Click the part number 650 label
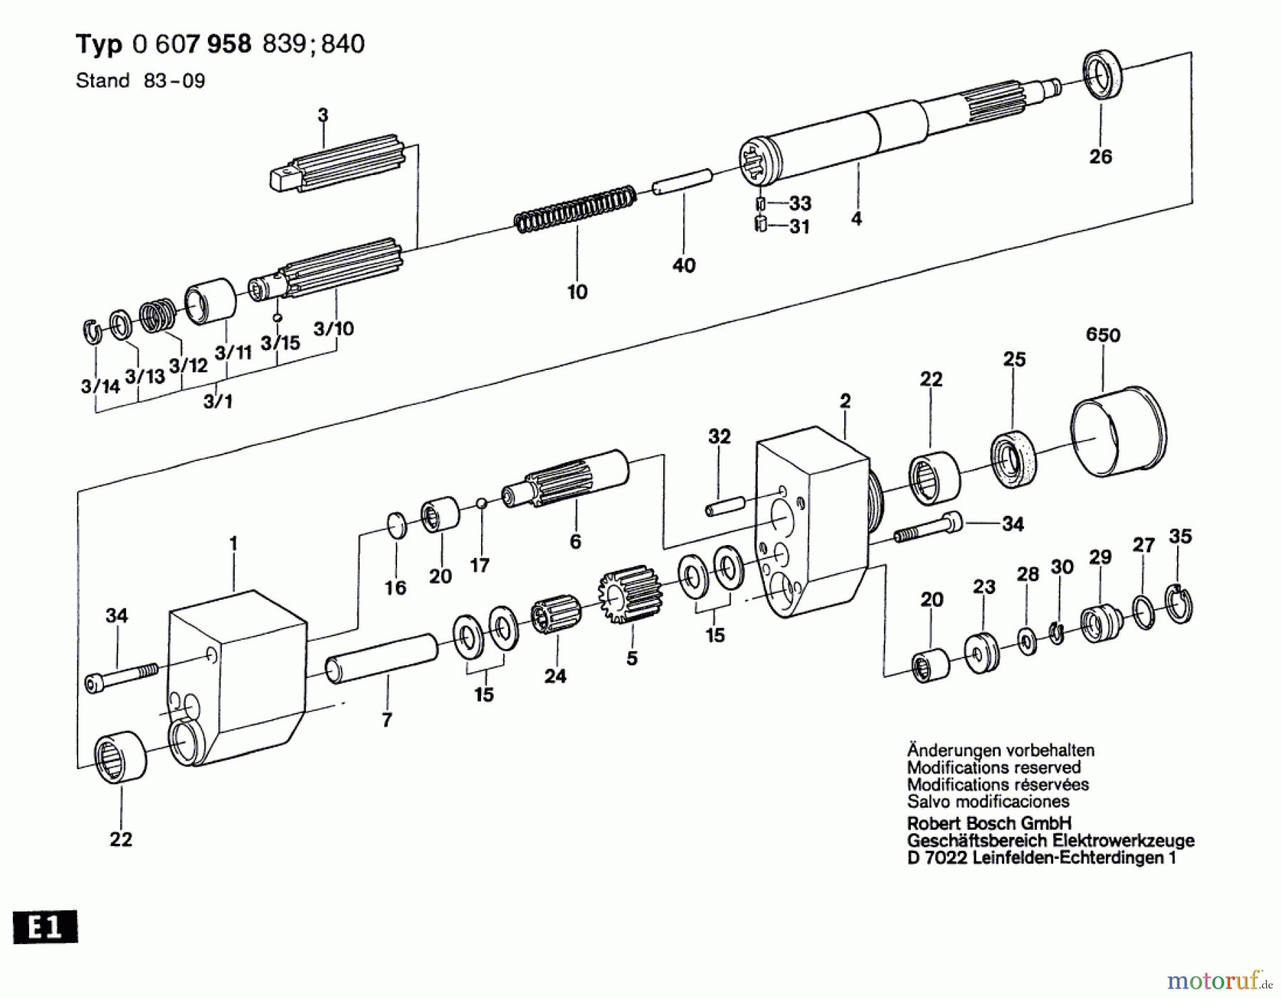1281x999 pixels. pyautogui.click(x=1102, y=334)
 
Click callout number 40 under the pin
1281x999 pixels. pyautogui.click(x=683, y=265)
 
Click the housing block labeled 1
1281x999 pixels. pyautogui.click(x=235, y=676)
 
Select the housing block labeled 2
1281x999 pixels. pyautogui.click(x=811, y=519)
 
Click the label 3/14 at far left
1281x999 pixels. pyautogui.click(x=100, y=386)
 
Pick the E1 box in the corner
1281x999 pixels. pyautogui.click(x=45, y=928)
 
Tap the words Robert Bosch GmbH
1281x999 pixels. pyautogui.click(x=989, y=823)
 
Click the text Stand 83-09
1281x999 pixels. pyautogui.click(x=140, y=80)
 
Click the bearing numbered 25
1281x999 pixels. pyautogui.click(x=1013, y=459)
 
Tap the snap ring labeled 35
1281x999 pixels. pyautogui.click(x=1179, y=603)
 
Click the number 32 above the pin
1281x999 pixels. pyautogui.click(x=719, y=436)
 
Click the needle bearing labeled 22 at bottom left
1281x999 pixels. pyautogui.click(x=120, y=757)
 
